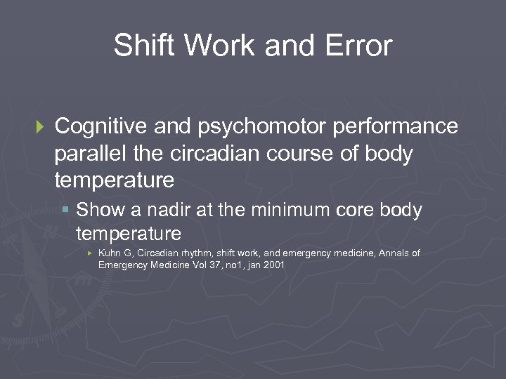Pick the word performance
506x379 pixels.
[398, 127]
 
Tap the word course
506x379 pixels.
[306, 154]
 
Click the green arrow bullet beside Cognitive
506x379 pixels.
[39, 127]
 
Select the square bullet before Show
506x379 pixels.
[65, 209]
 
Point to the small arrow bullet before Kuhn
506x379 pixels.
[89, 253]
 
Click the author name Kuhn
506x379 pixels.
[109, 253]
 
